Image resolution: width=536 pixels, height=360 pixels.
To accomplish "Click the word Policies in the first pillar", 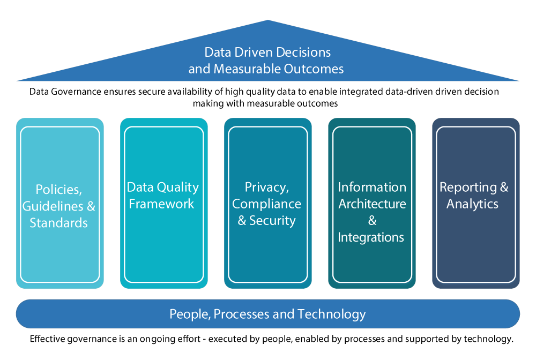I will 57,189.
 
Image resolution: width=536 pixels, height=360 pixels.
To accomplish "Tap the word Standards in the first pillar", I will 58,223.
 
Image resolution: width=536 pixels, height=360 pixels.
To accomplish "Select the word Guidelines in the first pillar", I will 52,206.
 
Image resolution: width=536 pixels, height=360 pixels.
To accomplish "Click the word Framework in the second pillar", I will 161,204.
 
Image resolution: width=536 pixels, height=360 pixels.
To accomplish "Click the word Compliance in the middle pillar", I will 266,204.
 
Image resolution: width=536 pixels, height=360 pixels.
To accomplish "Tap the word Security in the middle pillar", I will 272,221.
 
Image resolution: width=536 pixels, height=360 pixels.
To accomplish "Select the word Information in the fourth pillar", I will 371,187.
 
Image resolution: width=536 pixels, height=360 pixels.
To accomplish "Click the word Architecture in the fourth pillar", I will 371,204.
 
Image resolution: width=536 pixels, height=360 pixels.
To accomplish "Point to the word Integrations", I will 371,237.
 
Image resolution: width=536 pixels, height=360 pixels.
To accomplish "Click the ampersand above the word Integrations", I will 372,221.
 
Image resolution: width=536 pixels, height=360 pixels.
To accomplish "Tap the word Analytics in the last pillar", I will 472,204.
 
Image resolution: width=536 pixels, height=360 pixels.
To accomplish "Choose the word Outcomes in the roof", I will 315,69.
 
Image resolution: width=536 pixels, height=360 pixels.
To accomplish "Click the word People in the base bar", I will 189,314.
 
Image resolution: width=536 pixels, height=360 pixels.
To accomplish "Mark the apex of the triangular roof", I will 268,21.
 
